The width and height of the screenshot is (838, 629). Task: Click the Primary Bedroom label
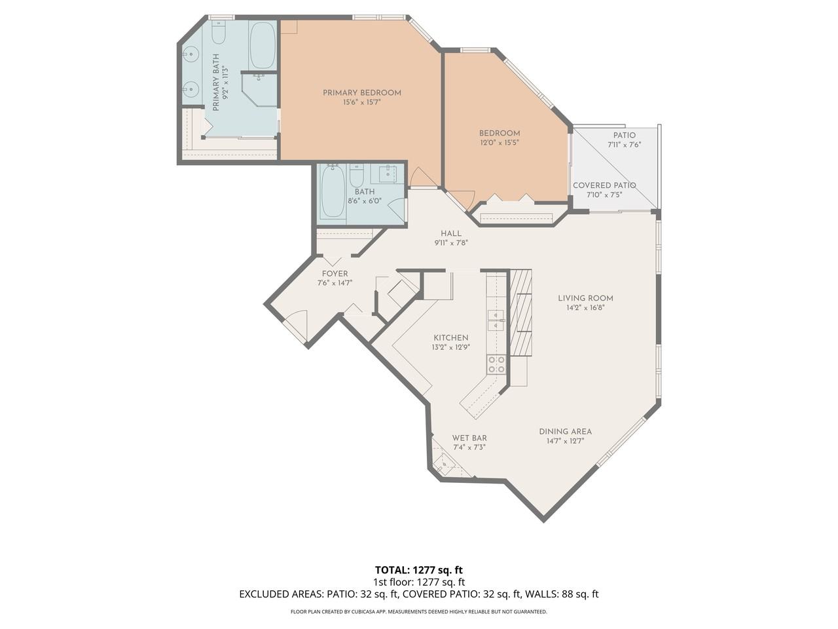pyautogui.click(x=361, y=93)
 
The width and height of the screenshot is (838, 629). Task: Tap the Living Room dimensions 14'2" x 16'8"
pyautogui.click(x=586, y=308)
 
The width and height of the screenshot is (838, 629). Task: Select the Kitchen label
pyautogui.click(x=451, y=337)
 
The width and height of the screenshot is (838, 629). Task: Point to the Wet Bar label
pyautogui.click(x=469, y=438)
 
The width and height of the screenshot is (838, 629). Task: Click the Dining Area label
pyautogui.click(x=566, y=432)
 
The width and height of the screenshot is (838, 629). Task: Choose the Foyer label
pyautogui.click(x=335, y=274)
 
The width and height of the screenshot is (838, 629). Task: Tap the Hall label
pyautogui.click(x=451, y=233)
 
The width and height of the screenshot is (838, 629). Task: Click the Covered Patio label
pyautogui.click(x=604, y=185)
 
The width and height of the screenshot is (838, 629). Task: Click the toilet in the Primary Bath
pyautogui.click(x=219, y=32)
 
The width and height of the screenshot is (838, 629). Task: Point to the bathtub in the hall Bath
pyautogui.click(x=333, y=193)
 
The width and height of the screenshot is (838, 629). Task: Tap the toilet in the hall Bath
pyautogui.click(x=357, y=176)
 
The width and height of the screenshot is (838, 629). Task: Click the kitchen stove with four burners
pyautogui.click(x=496, y=364)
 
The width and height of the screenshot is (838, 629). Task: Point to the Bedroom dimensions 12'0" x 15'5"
pyautogui.click(x=500, y=143)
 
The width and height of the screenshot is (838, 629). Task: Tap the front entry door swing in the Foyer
pyautogui.click(x=296, y=326)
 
